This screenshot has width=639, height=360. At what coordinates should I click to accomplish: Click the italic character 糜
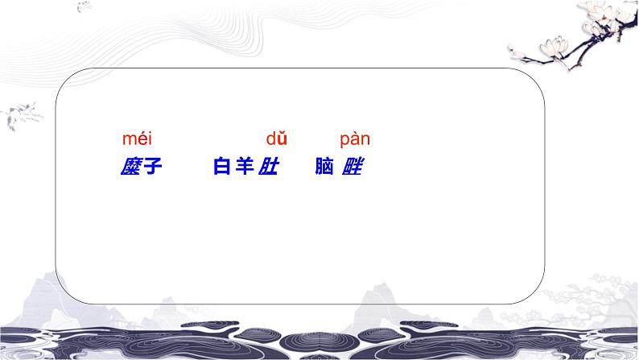129,168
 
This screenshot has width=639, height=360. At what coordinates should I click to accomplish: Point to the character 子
151,168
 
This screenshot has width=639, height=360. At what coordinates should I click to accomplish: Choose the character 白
222,168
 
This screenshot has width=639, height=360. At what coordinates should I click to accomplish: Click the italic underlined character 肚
267,168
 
